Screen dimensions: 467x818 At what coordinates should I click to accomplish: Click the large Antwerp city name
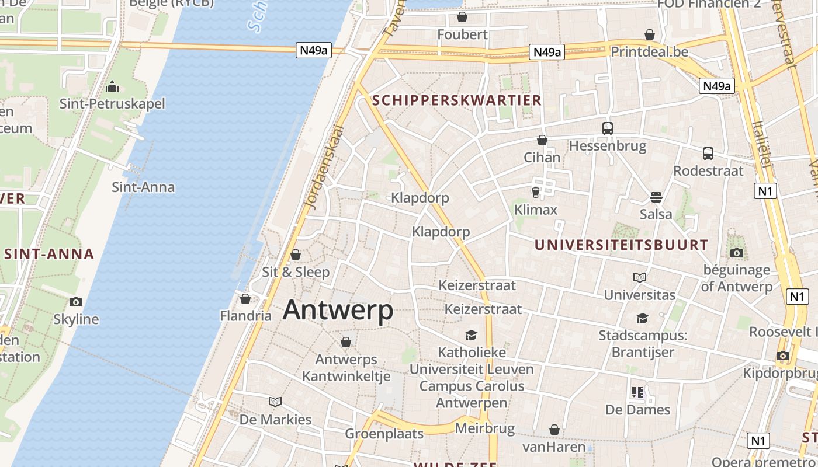pos(338,310)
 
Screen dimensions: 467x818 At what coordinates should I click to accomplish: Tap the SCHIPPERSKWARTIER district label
pos(457,100)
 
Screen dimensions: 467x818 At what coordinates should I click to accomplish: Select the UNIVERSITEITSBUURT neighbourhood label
pos(622,245)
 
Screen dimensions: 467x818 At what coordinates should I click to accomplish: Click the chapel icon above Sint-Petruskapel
pos(112,87)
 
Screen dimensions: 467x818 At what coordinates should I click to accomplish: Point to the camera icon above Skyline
pos(75,302)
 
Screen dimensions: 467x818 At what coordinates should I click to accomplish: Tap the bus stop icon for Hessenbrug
pos(608,128)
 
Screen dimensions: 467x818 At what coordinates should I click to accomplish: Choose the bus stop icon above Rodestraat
pos(708,154)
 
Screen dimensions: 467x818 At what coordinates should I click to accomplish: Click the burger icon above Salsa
pos(656,197)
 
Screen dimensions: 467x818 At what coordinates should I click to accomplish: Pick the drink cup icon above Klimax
pos(536,192)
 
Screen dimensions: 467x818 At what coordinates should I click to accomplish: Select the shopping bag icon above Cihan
pos(542,140)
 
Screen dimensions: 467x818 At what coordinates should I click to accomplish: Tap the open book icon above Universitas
pos(640,277)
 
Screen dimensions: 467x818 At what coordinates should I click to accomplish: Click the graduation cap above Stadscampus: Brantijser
pos(642,318)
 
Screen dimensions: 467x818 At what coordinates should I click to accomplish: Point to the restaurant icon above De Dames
pos(637,392)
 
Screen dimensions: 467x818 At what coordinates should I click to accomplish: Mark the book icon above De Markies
pos(275,402)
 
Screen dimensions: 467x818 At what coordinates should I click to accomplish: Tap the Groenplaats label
pos(384,434)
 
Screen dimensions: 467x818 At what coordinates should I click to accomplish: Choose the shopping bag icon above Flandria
pos(245,299)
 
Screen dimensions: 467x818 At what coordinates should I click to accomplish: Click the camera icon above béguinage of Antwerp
pos(737,253)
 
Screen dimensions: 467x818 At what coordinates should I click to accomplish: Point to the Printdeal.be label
pos(649,52)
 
